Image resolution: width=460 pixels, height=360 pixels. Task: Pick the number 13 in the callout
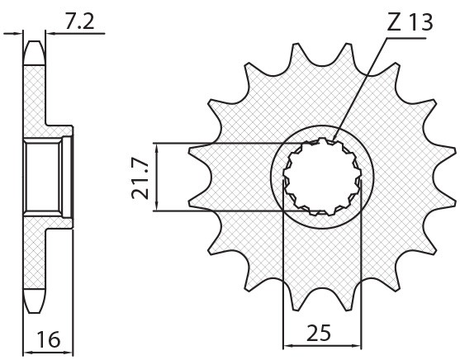pyautogui.click(x=419, y=22)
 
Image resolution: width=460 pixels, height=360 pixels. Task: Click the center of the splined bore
pyautogui.click(x=323, y=177)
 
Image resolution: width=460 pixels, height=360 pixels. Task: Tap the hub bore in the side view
pyautogui.click(x=41, y=177)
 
